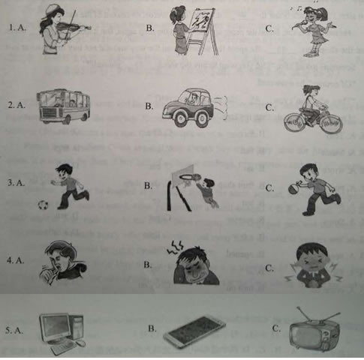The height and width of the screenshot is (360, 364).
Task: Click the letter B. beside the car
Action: point(151,106)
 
